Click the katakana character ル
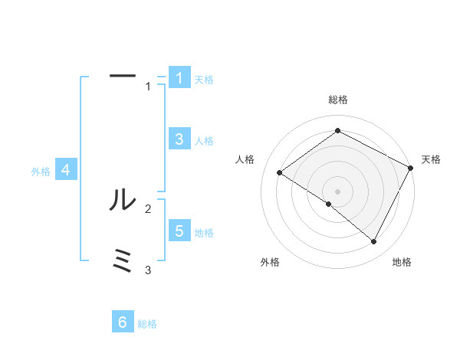click(x=123, y=201)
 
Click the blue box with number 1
click(x=179, y=78)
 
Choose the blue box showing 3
click(x=179, y=139)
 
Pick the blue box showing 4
click(x=66, y=170)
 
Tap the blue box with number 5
click(x=179, y=231)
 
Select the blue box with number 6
click(x=123, y=322)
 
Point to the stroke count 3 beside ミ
click(x=149, y=270)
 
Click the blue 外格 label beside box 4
click(x=41, y=172)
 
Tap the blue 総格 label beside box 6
click(x=147, y=325)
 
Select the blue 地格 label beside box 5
click(x=204, y=233)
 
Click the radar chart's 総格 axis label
click(x=337, y=100)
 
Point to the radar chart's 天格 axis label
click(x=431, y=159)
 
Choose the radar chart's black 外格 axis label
click(x=270, y=262)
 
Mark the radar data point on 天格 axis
click(x=410, y=168)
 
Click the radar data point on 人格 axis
click(x=279, y=172)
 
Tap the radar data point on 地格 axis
click(x=374, y=241)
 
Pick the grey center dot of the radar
click(x=337, y=191)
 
